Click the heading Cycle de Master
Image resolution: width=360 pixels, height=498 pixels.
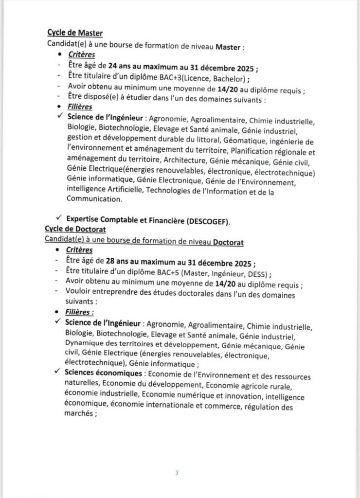pyautogui.click(x=75, y=33)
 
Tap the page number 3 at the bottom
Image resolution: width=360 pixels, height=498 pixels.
pyautogui.click(x=177, y=472)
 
